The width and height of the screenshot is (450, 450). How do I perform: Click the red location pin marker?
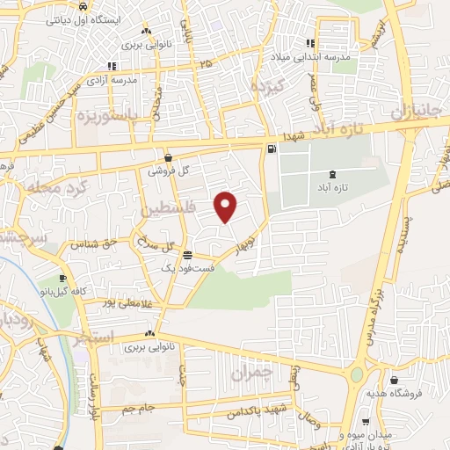226,206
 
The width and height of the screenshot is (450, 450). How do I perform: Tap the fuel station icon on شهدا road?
271,149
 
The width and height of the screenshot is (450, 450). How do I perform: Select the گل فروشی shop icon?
167,158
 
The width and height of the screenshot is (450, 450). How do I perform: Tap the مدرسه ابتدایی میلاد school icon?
310,43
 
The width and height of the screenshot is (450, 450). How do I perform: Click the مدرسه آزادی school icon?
111,66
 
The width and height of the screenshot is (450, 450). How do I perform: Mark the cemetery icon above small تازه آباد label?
331,175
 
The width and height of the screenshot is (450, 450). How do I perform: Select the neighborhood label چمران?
252,373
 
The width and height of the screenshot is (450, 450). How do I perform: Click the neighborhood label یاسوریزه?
108,117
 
